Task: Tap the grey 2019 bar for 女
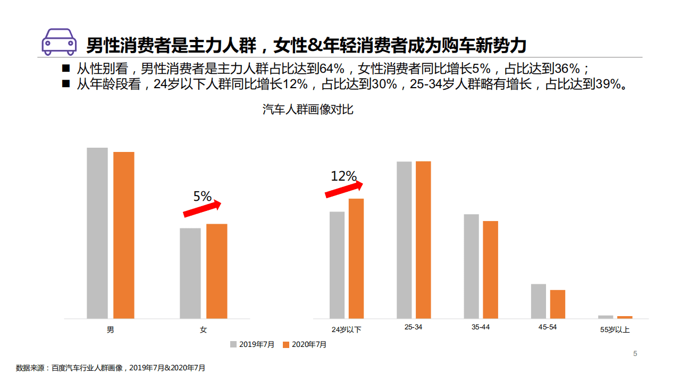pos(190,273)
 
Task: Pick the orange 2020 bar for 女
pos(217,271)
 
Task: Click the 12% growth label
pos(343,176)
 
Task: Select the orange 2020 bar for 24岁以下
pos(356,258)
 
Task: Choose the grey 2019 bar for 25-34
pos(404,240)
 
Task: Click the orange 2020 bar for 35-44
pos(491,269)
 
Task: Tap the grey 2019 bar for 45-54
pos(539,301)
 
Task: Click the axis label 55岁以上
pos(615,329)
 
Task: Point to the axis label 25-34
pos(414,327)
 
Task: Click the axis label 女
pos(203,329)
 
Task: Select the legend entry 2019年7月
pos(253,344)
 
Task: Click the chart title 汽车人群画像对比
pos(308,110)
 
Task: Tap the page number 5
pos(635,354)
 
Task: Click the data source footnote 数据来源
pos(111,368)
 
